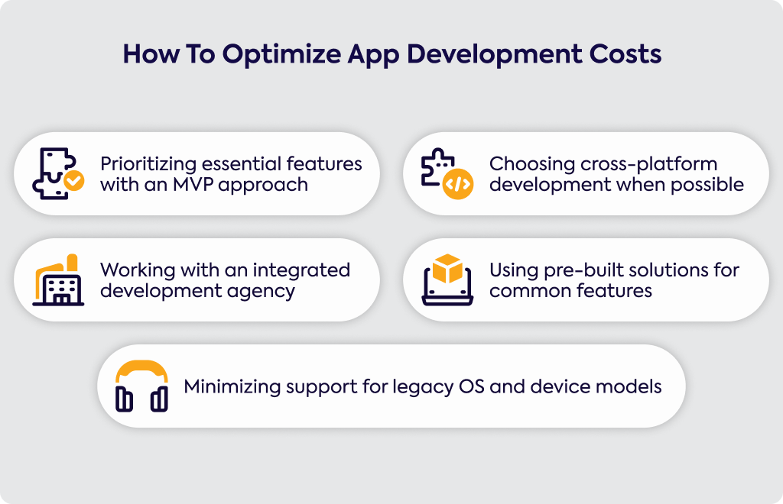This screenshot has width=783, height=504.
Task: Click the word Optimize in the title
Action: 282,55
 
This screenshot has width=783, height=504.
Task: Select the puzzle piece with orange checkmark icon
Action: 58,173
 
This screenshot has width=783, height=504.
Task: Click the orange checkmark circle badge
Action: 74,181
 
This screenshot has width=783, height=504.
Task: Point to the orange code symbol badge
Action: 458,185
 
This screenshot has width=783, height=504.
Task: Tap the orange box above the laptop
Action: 447,268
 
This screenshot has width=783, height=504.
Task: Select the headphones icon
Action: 141,386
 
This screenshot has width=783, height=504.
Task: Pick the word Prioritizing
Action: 148,164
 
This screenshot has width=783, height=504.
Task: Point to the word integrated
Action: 301,270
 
